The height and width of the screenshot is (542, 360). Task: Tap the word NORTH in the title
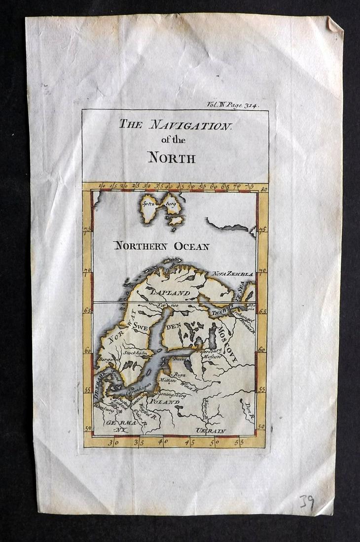coord(172,158)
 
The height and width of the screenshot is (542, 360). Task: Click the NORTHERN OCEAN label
coord(162,246)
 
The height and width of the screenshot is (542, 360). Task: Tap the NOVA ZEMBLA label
coord(233,273)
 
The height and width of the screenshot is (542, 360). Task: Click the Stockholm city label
coord(137,353)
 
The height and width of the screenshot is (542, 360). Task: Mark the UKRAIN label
coord(211,431)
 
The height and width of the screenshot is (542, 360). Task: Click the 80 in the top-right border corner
coord(264,188)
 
